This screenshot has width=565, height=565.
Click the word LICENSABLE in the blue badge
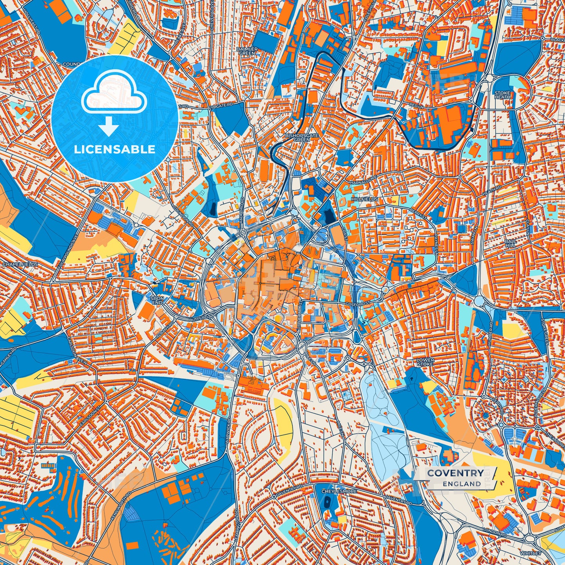(x=115, y=149)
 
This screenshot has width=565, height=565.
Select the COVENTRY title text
(x=455, y=473)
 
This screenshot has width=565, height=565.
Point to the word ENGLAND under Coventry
(x=462, y=484)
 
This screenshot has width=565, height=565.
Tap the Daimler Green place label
(x=247, y=51)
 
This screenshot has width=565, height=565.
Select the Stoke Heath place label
(x=502, y=95)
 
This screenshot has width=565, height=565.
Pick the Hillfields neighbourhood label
(x=364, y=199)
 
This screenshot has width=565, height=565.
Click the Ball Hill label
(x=511, y=243)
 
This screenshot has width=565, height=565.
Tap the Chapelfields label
(x=20, y=265)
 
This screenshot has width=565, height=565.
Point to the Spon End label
(x=157, y=300)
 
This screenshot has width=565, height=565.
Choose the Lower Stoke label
(x=425, y=362)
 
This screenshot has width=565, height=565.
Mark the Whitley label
(x=531, y=553)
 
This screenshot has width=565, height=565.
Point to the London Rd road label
(x=495, y=532)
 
